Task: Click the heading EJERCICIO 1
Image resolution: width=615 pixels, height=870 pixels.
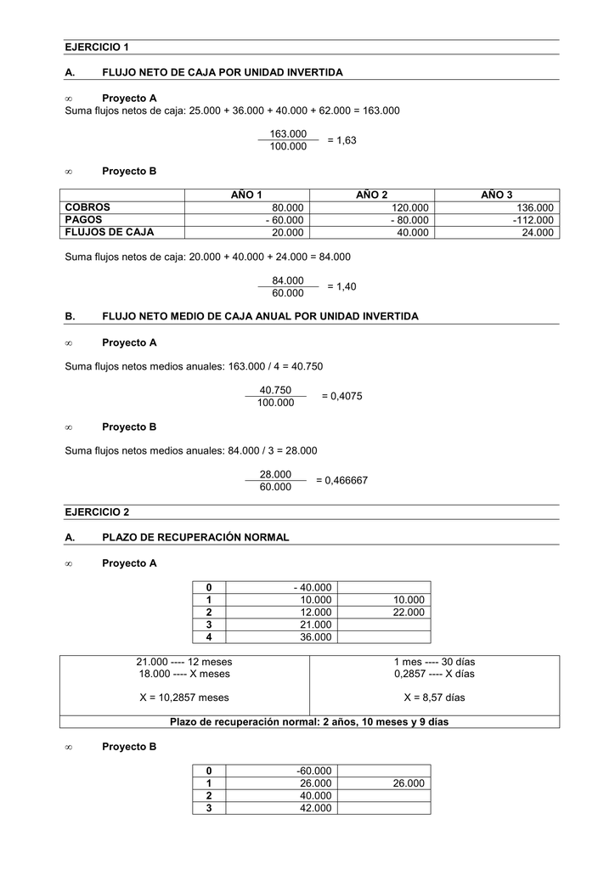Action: (x=97, y=47)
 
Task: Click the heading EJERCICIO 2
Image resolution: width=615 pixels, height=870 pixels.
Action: (x=97, y=512)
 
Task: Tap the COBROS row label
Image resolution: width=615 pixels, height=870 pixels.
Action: (x=87, y=207)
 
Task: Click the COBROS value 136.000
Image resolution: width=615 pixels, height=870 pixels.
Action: (x=534, y=208)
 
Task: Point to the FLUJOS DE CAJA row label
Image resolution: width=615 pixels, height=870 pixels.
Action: (x=110, y=232)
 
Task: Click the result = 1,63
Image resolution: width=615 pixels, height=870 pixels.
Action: (x=341, y=140)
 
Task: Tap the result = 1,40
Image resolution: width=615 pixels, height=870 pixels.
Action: (x=341, y=287)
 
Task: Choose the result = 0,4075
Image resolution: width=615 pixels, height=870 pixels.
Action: (x=341, y=396)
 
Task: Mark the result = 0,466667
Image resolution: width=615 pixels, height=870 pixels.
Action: (x=341, y=481)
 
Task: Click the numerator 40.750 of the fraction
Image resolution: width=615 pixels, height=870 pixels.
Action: (x=275, y=390)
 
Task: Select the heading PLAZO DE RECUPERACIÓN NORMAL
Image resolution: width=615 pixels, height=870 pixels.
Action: (x=195, y=537)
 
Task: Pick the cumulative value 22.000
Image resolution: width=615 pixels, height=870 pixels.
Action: (x=409, y=612)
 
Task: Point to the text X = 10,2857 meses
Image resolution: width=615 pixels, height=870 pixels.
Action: (x=184, y=698)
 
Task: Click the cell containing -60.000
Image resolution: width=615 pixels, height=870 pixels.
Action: (x=314, y=771)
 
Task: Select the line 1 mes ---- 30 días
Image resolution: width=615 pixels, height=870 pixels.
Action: (x=434, y=662)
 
